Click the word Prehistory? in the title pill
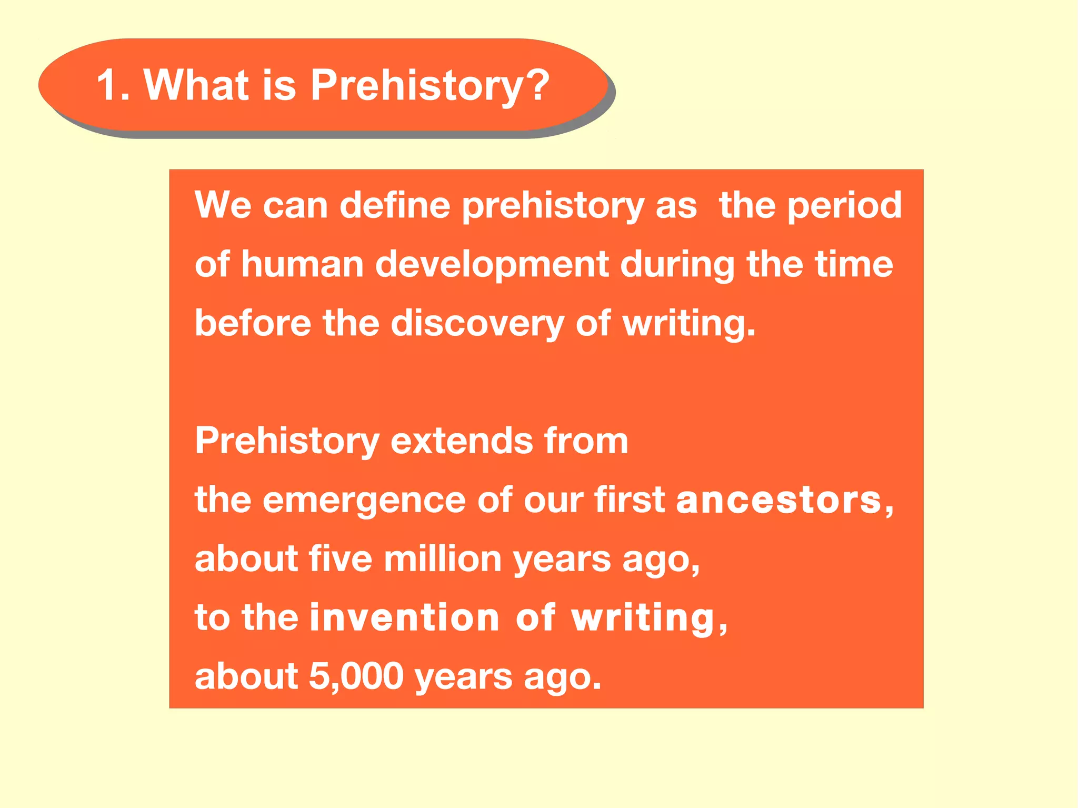click(430, 86)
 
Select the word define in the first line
click(395, 205)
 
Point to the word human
click(302, 264)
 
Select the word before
click(253, 323)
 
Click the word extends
click(461, 441)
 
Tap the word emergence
click(364, 501)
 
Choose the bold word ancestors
click(780, 500)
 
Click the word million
click(442, 559)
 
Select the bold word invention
click(404, 617)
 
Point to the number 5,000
click(356, 677)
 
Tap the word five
click(340, 559)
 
